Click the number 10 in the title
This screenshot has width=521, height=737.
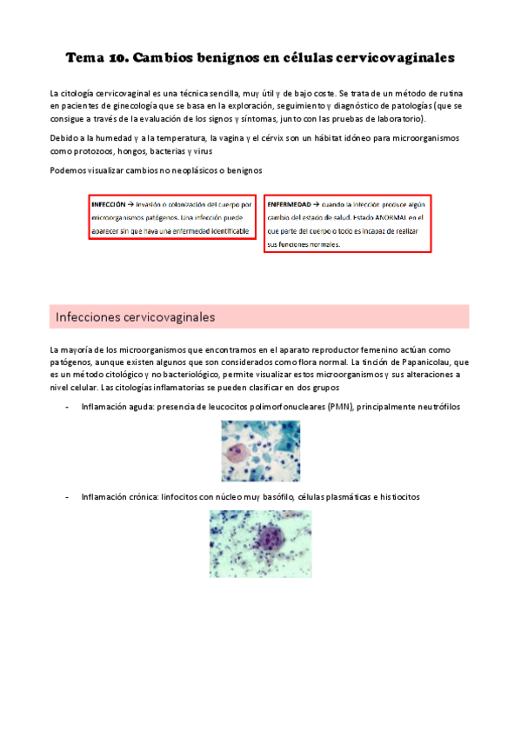coord(118,59)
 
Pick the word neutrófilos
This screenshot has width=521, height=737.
coord(432,407)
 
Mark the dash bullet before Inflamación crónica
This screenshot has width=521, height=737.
coord(67,497)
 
